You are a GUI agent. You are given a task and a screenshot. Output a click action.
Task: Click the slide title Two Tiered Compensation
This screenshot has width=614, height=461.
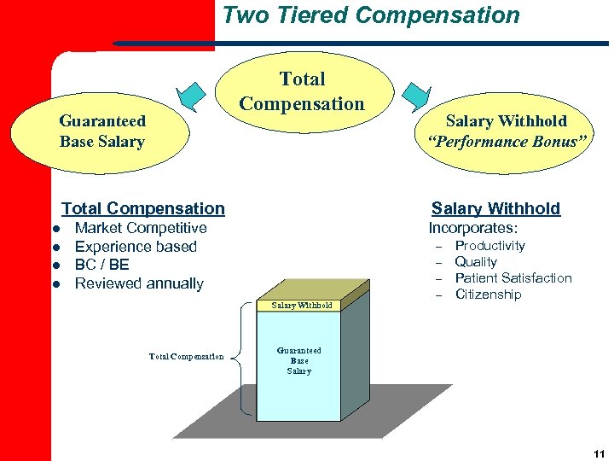pyautogui.click(x=371, y=15)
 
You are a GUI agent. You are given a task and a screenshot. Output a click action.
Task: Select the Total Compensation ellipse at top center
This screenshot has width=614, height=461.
pyautogui.click(x=302, y=91)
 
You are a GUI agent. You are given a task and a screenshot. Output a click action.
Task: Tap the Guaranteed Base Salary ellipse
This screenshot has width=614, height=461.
pyautogui.click(x=102, y=131)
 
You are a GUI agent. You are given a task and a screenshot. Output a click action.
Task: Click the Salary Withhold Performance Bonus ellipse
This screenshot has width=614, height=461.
pyautogui.click(x=507, y=131)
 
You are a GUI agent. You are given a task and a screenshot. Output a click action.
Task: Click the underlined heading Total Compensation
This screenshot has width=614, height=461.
pyautogui.click(x=143, y=208)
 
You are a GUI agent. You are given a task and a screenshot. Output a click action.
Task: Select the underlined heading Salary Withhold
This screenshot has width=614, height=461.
pyautogui.click(x=495, y=208)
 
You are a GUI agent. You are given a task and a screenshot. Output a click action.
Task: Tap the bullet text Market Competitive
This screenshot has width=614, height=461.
pyautogui.click(x=141, y=228)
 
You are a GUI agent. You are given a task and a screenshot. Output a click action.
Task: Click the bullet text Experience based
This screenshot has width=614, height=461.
pyautogui.click(x=136, y=247)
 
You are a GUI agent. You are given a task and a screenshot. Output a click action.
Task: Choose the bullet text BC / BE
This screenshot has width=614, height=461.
pyautogui.click(x=102, y=265)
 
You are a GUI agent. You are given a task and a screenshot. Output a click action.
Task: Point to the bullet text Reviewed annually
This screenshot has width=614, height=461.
pyautogui.click(x=139, y=283)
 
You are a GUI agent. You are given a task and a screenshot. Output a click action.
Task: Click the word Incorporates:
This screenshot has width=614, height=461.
pyautogui.click(x=472, y=228)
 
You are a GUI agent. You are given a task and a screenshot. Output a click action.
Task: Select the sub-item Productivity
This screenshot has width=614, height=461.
pyautogui.click(x=489, y=246)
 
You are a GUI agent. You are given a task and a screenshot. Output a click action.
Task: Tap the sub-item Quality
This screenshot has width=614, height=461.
pyautogui.click(x=476, y=262)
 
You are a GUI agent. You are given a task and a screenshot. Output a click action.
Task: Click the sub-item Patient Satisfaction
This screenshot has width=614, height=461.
pyautogui.click(x=513, y=278)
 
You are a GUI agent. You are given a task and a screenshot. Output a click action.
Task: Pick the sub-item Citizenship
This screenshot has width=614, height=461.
pyautogui.click(x=488, y=295)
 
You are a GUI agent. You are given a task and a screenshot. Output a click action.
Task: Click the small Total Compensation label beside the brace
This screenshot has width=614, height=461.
pyautogui.click(x=187, y=357)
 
